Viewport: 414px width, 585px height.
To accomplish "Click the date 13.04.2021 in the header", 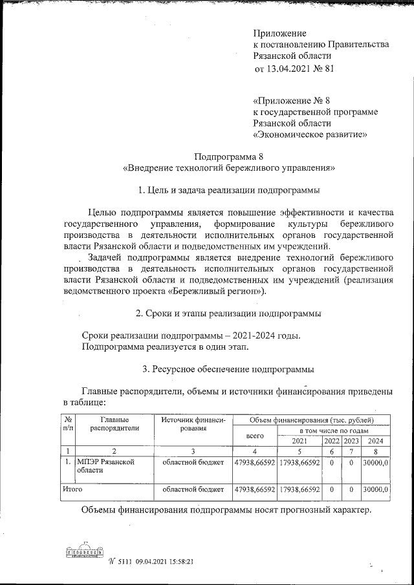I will tap(290, 68).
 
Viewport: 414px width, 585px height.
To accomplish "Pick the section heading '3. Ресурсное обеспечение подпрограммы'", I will tap(229, 370).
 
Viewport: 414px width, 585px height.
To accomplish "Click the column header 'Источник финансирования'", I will tap(193, 424).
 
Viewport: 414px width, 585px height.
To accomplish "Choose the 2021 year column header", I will tap(299, 440).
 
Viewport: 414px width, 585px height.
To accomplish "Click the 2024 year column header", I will tap(375, 440).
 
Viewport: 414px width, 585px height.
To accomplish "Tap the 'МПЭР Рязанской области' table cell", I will tap(105, 467).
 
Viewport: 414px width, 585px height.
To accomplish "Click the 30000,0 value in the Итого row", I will tap(375, 490).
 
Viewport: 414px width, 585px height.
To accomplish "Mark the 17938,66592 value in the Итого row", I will tap(299, 490).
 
